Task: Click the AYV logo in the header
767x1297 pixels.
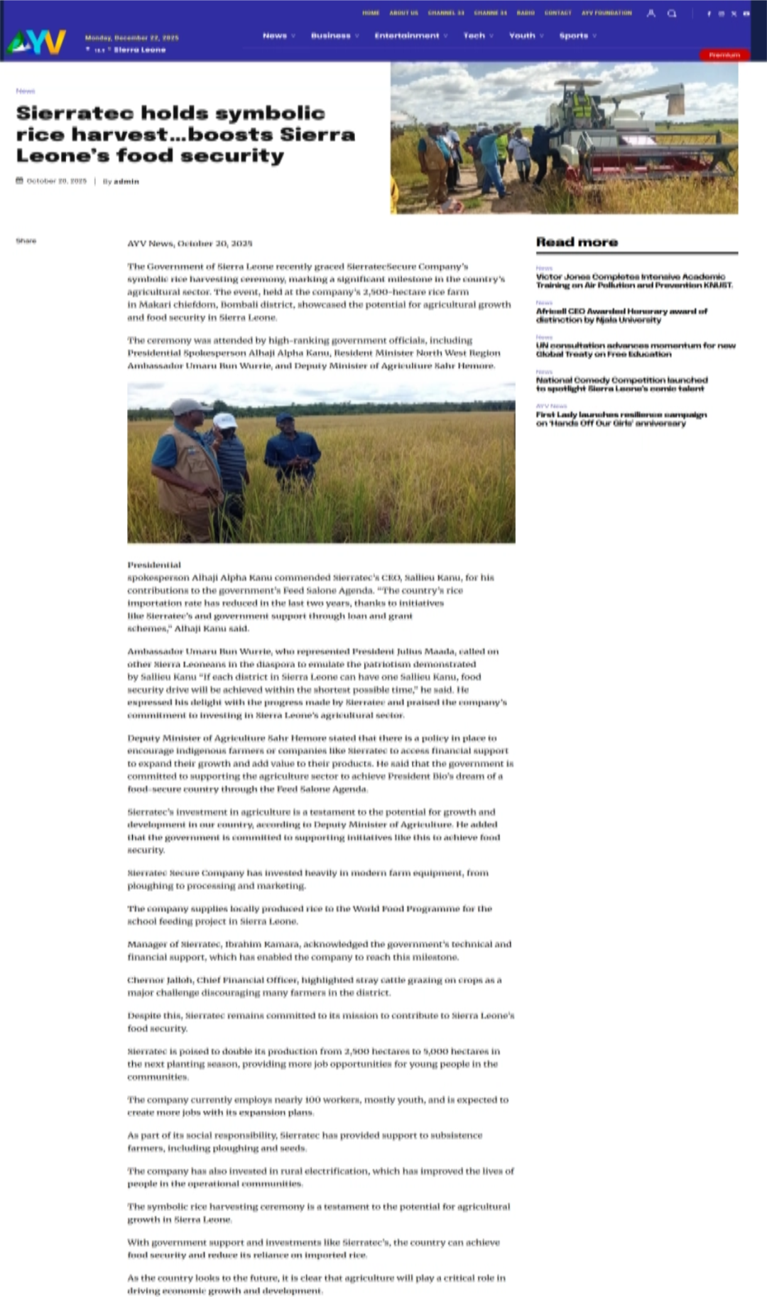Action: [37, 43]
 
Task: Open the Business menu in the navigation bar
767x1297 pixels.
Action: [331, 36]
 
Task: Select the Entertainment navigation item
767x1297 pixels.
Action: [407, 36]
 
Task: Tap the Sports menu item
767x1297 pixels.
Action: [573, 36]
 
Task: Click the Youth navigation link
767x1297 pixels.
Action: [522, 36]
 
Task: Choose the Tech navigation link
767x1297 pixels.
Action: [474, 36]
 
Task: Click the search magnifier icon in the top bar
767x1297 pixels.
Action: [671, 14]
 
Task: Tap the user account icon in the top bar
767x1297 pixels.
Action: [651, 14]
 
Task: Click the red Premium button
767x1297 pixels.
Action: [724, 55]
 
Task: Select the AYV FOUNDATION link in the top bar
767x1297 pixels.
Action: [606, 13]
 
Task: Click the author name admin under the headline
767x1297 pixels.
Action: [126, 182]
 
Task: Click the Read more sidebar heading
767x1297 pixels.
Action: [577, 242]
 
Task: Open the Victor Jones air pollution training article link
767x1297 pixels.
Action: [633, 281]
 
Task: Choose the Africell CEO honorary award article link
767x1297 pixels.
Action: [621, 316]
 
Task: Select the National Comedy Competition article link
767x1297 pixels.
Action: [621, 384]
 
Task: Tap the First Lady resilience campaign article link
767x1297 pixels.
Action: [621, 419]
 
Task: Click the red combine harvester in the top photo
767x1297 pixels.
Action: [639, 135]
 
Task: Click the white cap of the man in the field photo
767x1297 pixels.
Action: [224, 419]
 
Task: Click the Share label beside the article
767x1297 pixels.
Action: [26, 241]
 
